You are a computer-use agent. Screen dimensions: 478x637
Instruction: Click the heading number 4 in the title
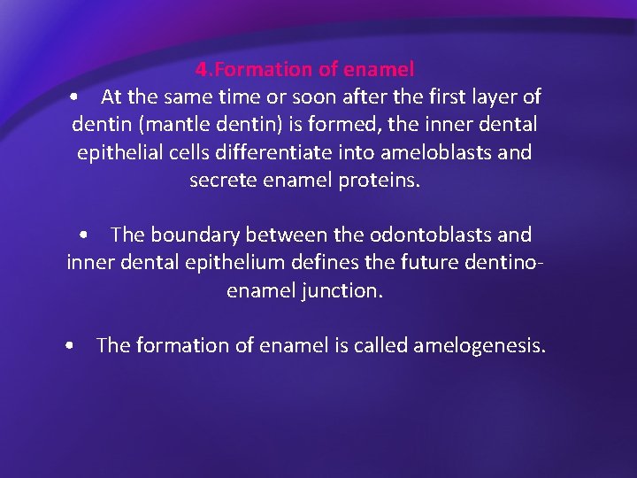(x=201, y=69)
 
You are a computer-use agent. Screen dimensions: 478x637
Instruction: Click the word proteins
(x=381, y=181)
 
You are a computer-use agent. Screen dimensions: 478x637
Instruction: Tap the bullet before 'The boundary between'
(x=84, y=235)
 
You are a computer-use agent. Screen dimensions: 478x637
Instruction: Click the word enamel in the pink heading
(x=382, y=69)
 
